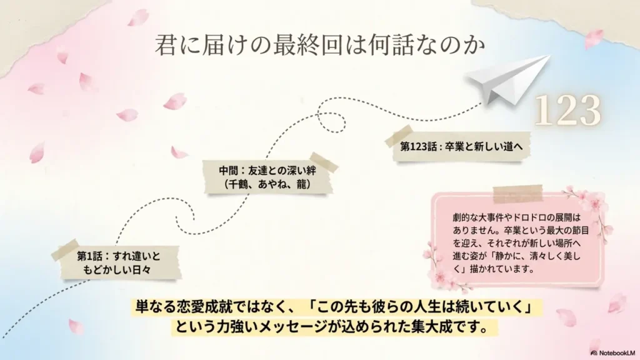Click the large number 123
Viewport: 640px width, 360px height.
pyautogui.click(x=567, y=112)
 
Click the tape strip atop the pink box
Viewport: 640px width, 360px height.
pyautogui.click(x=517, y=194)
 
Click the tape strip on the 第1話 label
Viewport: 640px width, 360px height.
pyautogui.click(x=65, y=249)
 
